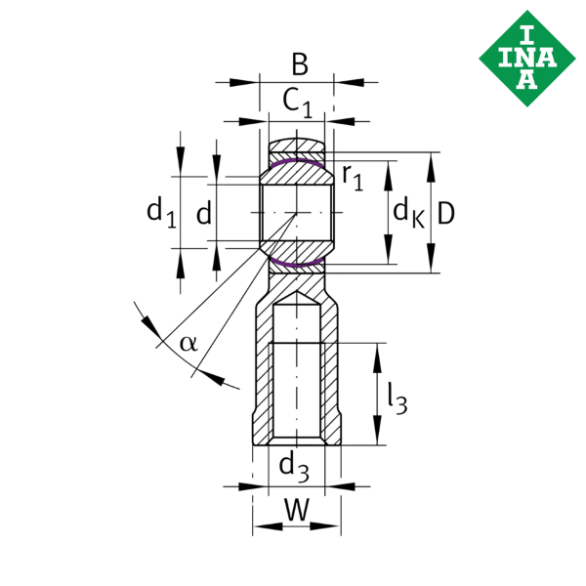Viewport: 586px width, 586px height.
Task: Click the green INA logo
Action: pyautogui.click(x=527, y=59)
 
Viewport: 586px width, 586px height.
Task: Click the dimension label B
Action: pyautogui.click(x=300, y=64)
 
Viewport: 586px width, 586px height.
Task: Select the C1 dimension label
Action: pyautogui.click(x=298, y=104)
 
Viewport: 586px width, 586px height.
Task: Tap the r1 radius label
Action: pyautogui.click(x=353, y=178)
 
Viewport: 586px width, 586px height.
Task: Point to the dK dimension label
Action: pyautogui.click(x=409, y=212)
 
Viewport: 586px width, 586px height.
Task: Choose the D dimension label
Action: pyautogui.click(x=445, y=213)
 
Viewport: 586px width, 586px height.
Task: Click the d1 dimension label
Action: pyautogui.click(x=161, y=213)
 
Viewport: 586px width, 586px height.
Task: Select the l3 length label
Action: pyautogui.click(x=397, y=398)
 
